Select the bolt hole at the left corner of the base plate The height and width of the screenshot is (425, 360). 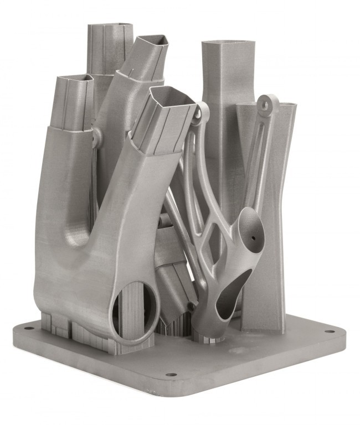point(26,328)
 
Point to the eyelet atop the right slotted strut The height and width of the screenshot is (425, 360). point(269,103)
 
